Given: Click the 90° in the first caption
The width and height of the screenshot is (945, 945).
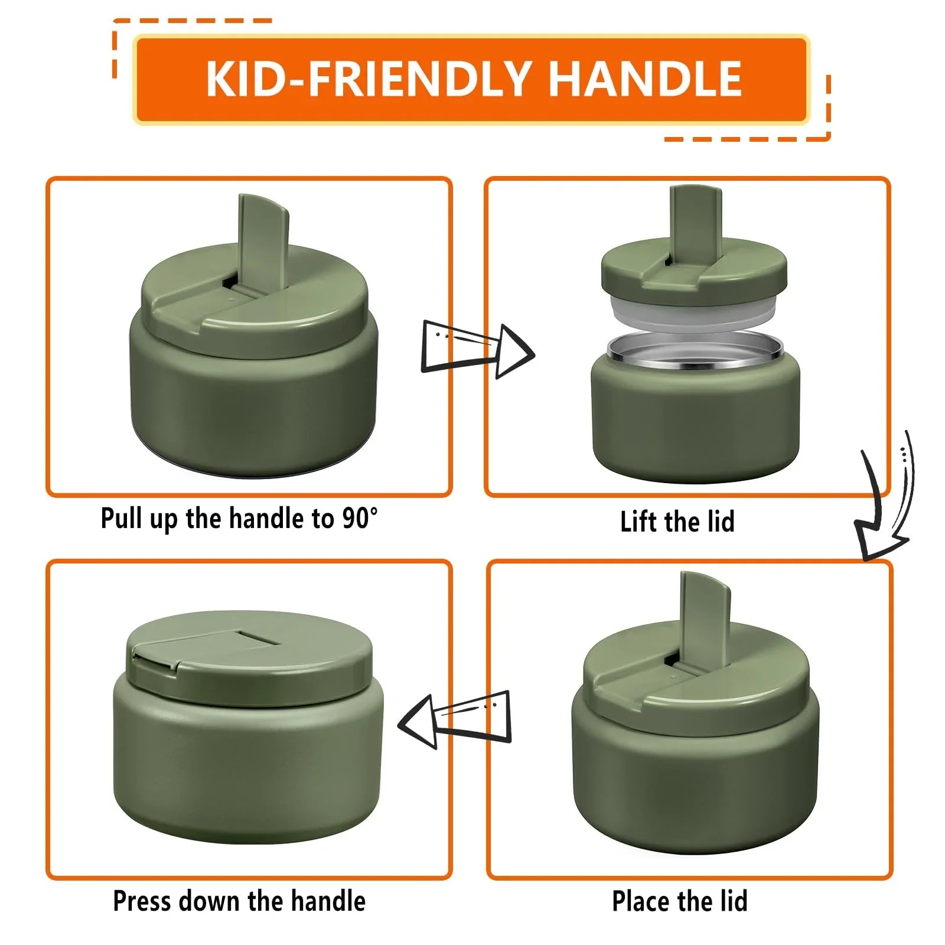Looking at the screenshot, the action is tap(360, 517).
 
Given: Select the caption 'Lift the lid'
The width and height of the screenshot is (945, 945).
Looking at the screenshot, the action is tap(677, 522).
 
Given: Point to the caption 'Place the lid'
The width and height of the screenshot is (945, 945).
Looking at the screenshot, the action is tap(679, 901).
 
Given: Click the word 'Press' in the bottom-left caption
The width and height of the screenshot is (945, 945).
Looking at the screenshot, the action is tap(142, 901).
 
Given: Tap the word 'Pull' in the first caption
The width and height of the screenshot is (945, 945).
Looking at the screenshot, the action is tap(122, 519).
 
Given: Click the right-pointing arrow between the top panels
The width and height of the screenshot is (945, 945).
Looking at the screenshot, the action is tap(477, 350).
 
